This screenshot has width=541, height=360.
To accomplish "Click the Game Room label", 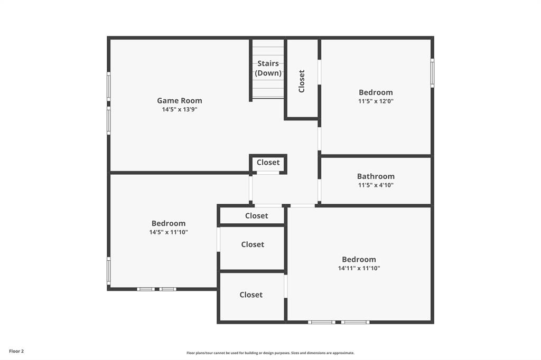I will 179,100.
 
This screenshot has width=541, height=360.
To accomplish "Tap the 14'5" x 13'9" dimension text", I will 179,110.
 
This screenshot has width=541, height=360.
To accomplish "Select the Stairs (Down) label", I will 268,68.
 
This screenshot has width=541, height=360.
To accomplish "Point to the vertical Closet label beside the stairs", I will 302,81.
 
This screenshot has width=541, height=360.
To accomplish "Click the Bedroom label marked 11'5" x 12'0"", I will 376,92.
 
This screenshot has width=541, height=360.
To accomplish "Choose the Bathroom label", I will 376,176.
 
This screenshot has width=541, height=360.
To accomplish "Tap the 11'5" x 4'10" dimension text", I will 376,185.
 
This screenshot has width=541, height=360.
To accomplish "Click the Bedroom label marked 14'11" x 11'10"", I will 359,259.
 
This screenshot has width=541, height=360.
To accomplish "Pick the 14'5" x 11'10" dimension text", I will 169,232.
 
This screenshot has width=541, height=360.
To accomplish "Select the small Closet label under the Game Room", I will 268,163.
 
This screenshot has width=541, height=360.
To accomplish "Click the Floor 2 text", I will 16,351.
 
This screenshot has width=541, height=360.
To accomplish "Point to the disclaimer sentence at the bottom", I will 270,353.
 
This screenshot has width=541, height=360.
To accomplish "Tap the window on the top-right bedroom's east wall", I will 432,73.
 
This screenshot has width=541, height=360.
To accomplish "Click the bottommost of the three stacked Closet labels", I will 251,295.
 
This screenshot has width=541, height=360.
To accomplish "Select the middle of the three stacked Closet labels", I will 253,244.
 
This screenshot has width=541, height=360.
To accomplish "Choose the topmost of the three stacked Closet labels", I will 256,215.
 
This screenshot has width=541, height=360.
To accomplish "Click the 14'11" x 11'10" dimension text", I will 359,268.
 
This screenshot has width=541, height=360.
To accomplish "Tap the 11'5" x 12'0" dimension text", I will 376,101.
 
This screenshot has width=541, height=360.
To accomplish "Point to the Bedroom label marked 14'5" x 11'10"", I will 169,223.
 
